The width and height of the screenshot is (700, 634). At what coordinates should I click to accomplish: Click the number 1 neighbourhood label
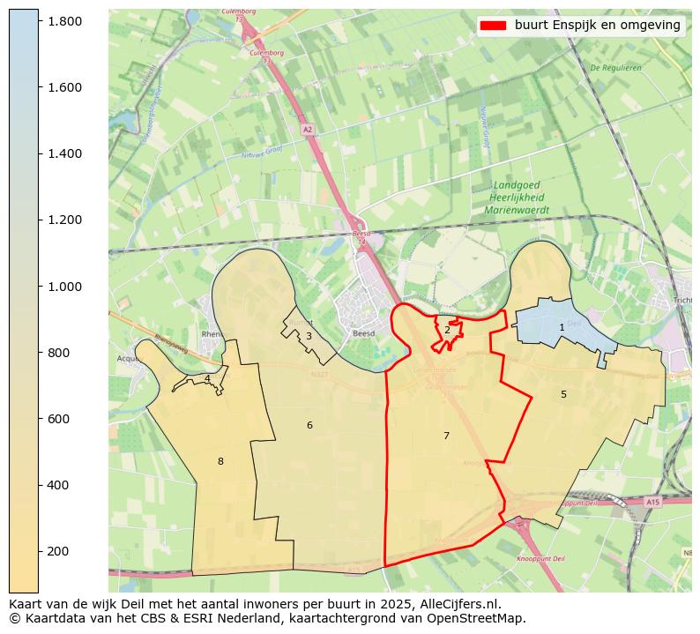point(562,327)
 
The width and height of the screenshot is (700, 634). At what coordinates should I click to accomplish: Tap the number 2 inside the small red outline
point(447,330)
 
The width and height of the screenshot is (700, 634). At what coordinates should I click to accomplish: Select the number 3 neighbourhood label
point(309,336)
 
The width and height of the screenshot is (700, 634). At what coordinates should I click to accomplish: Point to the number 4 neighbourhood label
point(207,379)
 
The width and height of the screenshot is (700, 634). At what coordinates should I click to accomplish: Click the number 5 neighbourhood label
point(563,394)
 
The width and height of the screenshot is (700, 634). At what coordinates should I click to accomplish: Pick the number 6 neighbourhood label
point(309,425)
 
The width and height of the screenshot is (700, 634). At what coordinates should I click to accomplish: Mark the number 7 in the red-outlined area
point(446,436)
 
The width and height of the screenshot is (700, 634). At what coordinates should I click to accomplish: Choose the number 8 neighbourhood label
point(220,461)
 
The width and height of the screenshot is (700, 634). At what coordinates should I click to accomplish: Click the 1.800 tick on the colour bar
point(64,20)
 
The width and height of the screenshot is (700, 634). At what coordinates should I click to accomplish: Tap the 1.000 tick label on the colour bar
point(64,287)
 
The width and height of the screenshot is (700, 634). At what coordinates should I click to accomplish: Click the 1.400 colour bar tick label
point(64,153)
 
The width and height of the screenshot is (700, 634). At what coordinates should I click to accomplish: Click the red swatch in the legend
point(494,26)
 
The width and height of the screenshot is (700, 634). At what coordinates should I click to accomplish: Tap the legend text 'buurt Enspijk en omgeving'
point(598,26)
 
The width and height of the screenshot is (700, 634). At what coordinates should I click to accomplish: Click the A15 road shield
point(652,502)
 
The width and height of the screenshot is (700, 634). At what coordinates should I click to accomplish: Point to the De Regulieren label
point(615,67)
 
